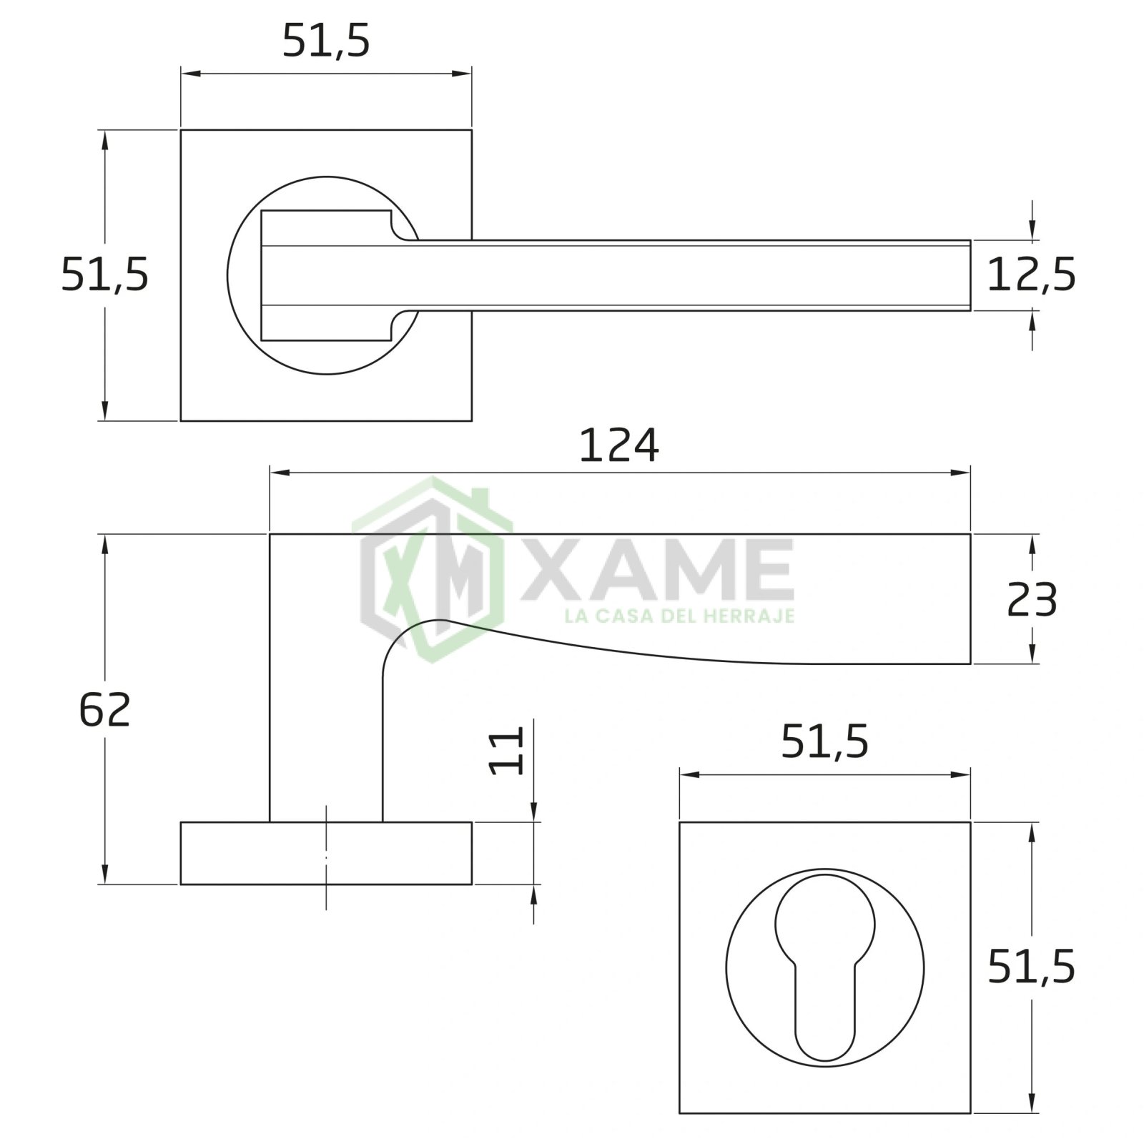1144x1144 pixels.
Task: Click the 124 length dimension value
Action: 618,446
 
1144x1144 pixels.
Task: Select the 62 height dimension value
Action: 105,709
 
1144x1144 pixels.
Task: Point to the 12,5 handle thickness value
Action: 1031,275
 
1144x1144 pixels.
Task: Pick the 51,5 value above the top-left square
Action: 326,41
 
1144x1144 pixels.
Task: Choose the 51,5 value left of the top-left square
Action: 104,275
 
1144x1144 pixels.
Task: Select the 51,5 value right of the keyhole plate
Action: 1031,968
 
